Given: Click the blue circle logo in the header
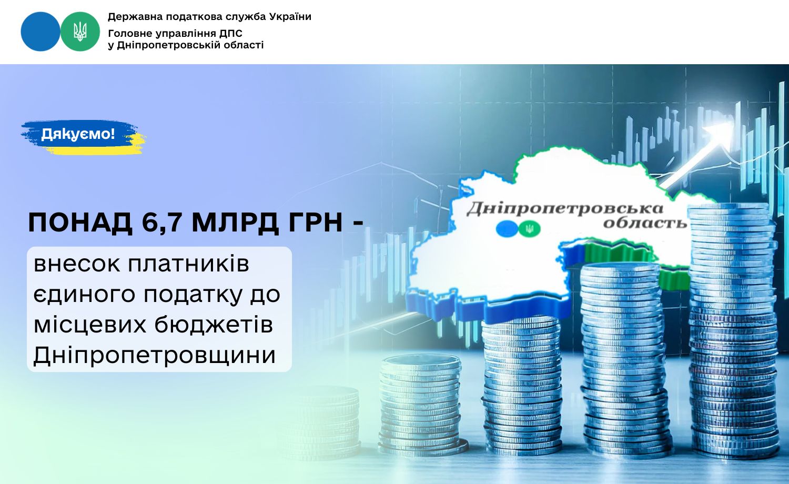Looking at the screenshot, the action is point(41,32).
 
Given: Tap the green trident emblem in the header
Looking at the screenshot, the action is point(80,32).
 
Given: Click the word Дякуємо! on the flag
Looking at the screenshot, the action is point(78,134).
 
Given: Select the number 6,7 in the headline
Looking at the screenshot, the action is point(161,223).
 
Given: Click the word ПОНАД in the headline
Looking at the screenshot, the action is point(80,223).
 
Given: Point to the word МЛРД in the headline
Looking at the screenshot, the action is point(235,223).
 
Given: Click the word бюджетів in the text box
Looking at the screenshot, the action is point(214,325).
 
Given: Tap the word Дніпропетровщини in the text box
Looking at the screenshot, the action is point(154,355).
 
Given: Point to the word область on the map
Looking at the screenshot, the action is point(645,223).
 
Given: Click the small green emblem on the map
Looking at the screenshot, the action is point(529,229).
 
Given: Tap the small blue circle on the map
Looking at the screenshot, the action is point(507,229).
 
